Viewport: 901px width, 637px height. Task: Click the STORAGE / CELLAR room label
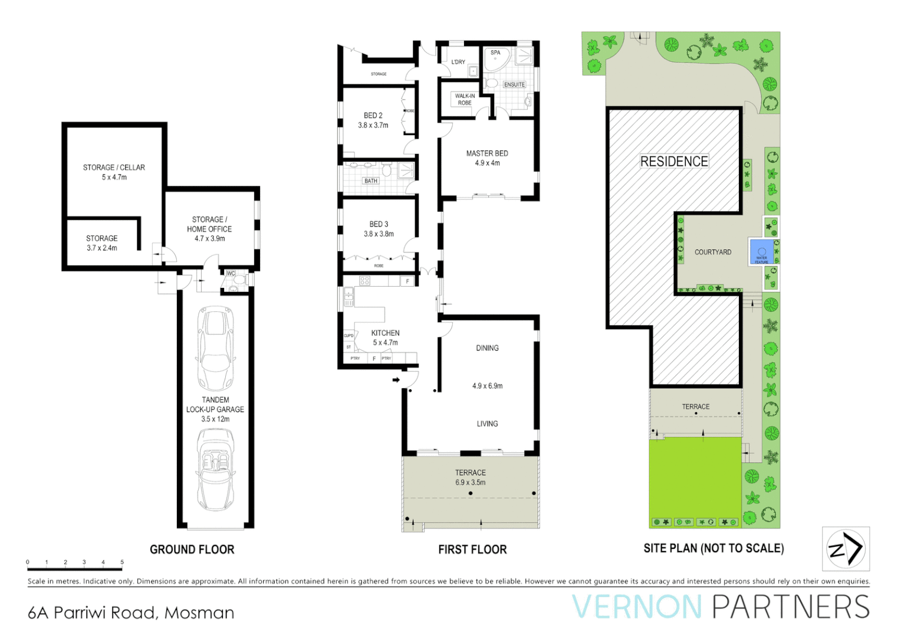tap(114, 168)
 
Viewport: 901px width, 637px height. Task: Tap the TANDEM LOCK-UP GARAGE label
tap(215, 409)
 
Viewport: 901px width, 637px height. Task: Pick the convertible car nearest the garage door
tap(215, 470)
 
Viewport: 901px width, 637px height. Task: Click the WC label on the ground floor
tap(231, 274)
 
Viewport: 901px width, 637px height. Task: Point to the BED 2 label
tap(373, 116)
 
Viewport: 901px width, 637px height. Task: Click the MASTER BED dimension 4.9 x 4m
tap(487, 163)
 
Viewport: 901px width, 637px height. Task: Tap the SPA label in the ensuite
tap(495, 53)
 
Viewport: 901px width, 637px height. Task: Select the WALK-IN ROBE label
tap(465, 99)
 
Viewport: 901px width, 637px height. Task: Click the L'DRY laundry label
tap(458, 62)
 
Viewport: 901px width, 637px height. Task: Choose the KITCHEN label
tap(385, 333)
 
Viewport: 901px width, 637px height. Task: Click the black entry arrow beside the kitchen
tap(396, 380)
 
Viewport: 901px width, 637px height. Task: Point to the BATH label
tap(370, 181)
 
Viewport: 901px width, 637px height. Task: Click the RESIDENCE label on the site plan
tap(674, 162)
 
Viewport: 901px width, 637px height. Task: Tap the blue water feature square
tap(761, 252)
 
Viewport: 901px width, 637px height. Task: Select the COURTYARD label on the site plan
tap(712, 252)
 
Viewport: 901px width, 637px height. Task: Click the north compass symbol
tap(846, 549)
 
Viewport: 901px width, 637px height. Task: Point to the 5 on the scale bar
tap(122, 562)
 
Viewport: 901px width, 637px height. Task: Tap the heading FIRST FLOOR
tap(472, 550)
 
